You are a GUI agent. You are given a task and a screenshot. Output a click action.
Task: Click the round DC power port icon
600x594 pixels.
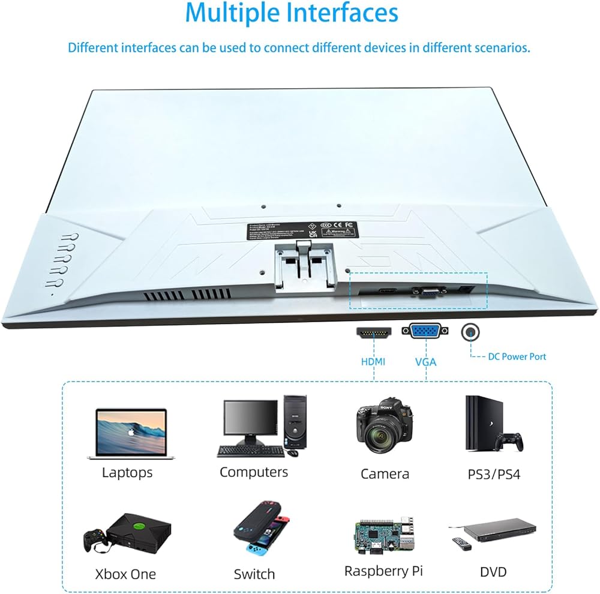point(470,332)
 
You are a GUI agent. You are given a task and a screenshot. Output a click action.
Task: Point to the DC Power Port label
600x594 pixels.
point(517,356)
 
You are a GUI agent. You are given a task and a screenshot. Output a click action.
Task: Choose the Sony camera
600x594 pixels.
point(385,428)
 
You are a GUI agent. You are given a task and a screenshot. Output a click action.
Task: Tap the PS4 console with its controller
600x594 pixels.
point(492,426)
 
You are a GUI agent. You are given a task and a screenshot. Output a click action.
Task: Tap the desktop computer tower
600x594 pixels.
point(294,420)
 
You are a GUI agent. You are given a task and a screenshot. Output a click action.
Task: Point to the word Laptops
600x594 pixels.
point(127,472)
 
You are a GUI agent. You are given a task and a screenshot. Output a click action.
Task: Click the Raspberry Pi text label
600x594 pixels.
point(383,571)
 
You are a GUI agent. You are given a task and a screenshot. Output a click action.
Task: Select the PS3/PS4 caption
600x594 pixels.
point(493,474)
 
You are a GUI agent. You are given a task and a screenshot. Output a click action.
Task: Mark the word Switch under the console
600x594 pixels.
point(254,574)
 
